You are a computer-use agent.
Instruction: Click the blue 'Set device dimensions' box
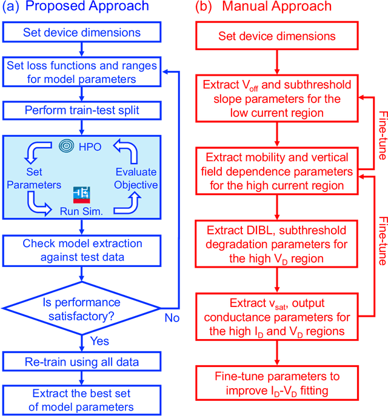click(81, 32)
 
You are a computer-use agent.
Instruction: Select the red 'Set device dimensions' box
click(276, 37)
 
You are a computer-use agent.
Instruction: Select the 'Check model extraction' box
click(81, 250)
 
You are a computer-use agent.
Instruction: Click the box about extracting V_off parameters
click(276, 98)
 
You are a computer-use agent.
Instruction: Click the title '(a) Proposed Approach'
click(76, 8)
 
